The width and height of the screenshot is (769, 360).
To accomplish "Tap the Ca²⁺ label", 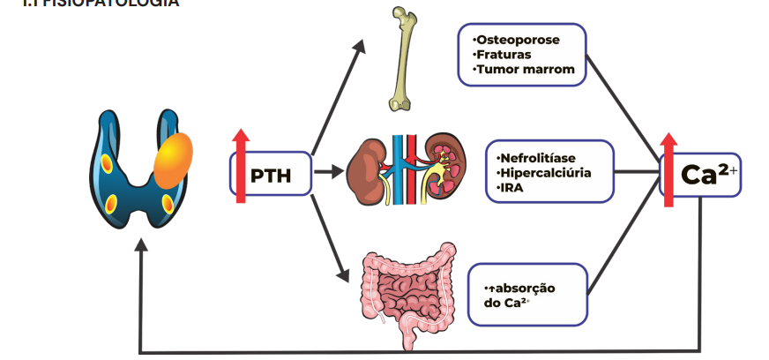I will pyautogui.click(x=709, y=173).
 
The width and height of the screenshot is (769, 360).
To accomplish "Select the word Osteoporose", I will pyautogui.click(x=518, y=41).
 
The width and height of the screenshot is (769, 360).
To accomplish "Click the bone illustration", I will pyautogui.click(x=401, y=57).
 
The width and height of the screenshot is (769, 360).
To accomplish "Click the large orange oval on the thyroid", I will pyautogui.click(x=172, y=160).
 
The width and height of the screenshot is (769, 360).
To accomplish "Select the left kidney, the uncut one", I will pyautogui.click(x=364, y=168).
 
